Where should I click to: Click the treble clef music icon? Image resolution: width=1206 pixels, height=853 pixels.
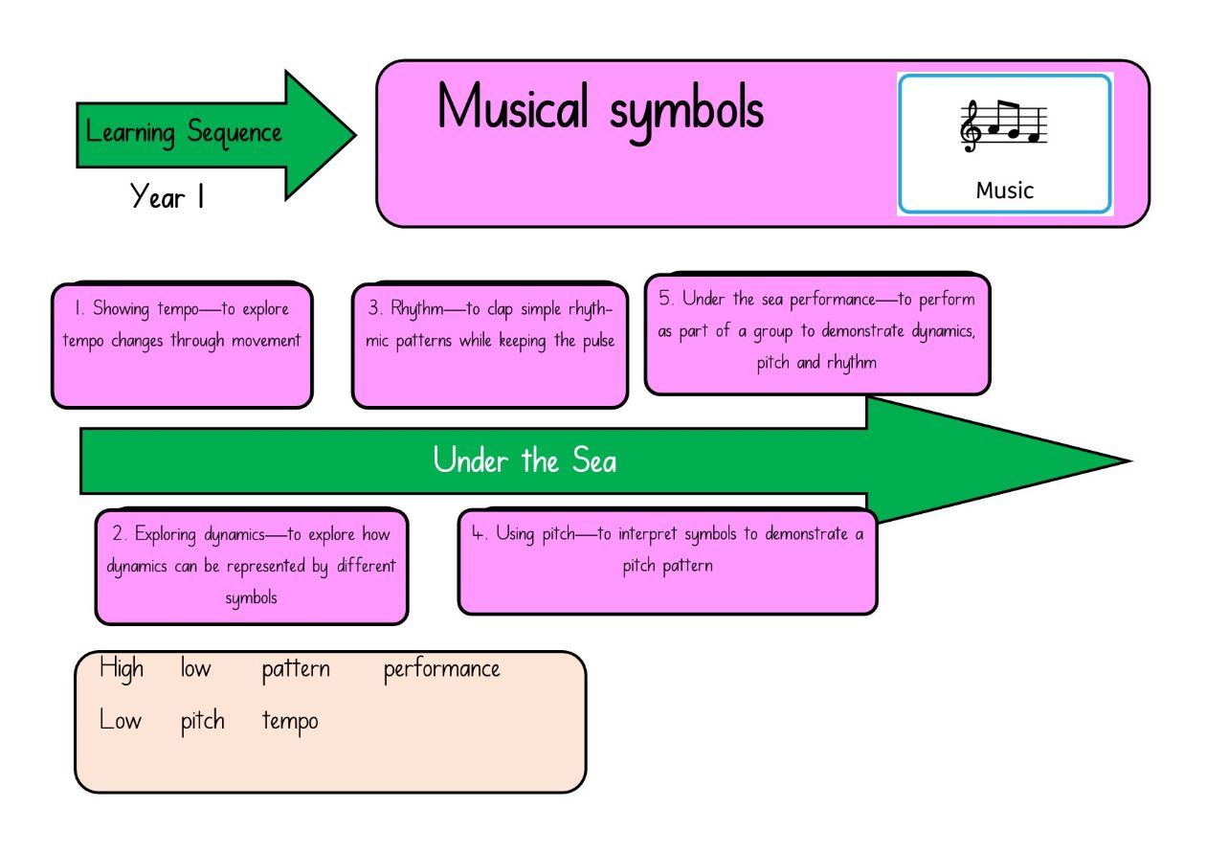[1003, 126]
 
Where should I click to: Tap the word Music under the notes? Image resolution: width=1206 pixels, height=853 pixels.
[1005, 191]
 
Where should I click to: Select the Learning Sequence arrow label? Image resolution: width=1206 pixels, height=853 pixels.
[184, 132]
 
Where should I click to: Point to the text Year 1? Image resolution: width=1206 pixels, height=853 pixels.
[167, 196]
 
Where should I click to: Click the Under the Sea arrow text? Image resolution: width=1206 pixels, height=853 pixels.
[525, 460]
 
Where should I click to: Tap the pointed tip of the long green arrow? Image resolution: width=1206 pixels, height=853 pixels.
[1131, 461]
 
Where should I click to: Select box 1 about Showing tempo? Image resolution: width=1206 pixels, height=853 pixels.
[182, 346]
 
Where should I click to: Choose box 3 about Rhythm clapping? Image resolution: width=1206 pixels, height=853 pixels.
[490, 346]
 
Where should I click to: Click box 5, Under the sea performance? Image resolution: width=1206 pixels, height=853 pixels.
[817, 334]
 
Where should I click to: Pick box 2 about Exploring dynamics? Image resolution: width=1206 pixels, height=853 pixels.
[252, 567]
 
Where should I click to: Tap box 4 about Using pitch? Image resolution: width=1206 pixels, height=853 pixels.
[668, 561]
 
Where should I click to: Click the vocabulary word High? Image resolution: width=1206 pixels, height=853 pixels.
[122, 668]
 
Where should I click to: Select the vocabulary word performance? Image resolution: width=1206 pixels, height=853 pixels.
[441, 670]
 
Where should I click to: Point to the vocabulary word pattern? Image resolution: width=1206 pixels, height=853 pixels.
[296, 670]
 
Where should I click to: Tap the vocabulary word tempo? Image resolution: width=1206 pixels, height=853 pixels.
[290, 722]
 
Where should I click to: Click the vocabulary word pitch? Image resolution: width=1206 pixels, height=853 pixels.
[203, 722]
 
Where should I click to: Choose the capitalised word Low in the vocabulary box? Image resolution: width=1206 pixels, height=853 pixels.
[121, 720]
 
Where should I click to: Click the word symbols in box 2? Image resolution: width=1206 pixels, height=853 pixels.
[251, 598]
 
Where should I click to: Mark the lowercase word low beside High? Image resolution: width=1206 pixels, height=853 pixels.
[195, 668]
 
